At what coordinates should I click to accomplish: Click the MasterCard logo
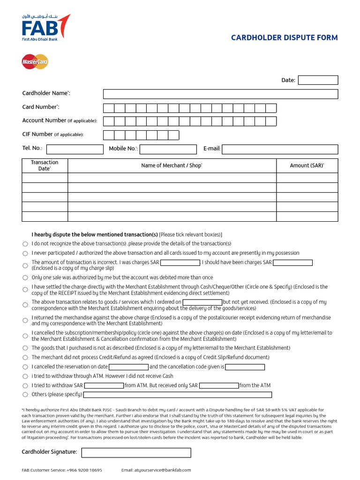[35, 61]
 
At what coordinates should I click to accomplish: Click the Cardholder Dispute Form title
[284, 37]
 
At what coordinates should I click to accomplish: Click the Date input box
[318, 80]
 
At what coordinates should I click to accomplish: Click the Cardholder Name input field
[220, 94]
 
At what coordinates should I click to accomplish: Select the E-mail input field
[280, 149]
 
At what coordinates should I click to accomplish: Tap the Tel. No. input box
[75, 149]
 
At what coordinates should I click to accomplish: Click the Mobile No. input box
[168, 149]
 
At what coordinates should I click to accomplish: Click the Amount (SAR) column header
[307, 165]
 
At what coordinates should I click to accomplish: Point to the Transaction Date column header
[45, 165]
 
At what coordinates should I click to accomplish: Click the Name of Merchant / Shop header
[172, 165]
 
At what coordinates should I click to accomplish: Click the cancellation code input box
[245, 367]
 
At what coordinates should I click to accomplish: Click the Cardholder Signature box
[136, 452]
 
